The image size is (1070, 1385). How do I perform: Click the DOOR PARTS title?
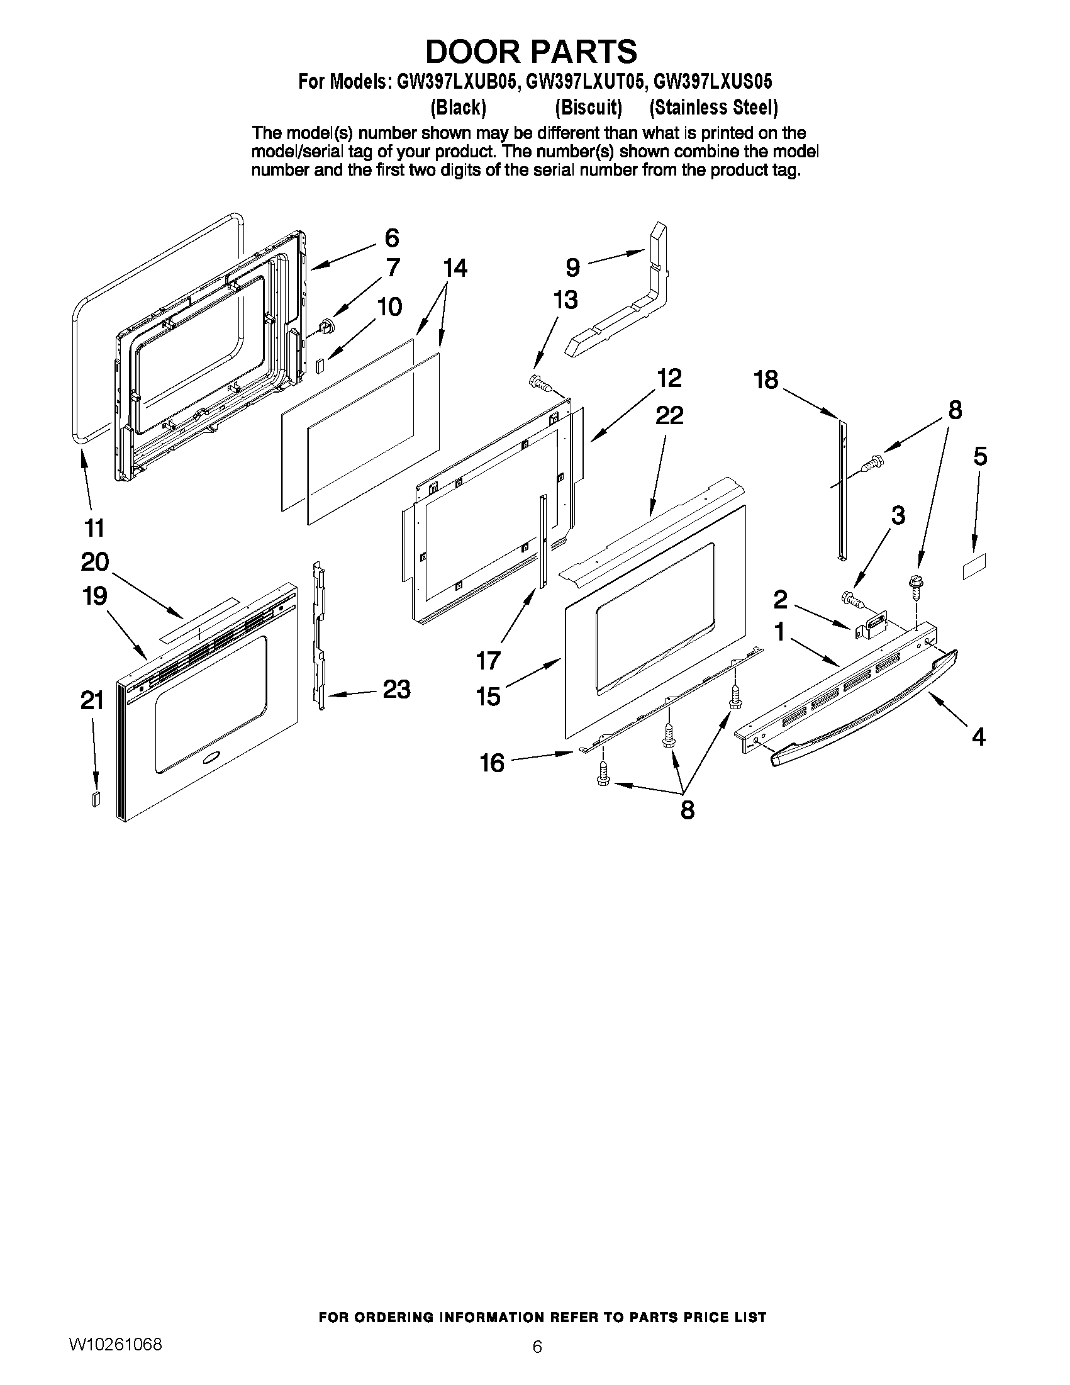point(530,52)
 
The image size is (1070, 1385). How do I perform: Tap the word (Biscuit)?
point(588,108)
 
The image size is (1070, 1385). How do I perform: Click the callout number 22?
point(669,416)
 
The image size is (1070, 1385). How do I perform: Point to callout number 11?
point(94,527)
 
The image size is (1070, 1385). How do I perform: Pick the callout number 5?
point(980,457)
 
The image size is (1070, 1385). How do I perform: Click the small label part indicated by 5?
point(975,566)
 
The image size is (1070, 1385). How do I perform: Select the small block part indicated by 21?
point(96,798)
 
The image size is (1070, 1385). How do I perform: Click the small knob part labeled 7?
point(327,327)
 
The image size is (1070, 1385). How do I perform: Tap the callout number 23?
point(397,689)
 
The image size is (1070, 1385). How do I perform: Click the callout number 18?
point(766,381)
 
